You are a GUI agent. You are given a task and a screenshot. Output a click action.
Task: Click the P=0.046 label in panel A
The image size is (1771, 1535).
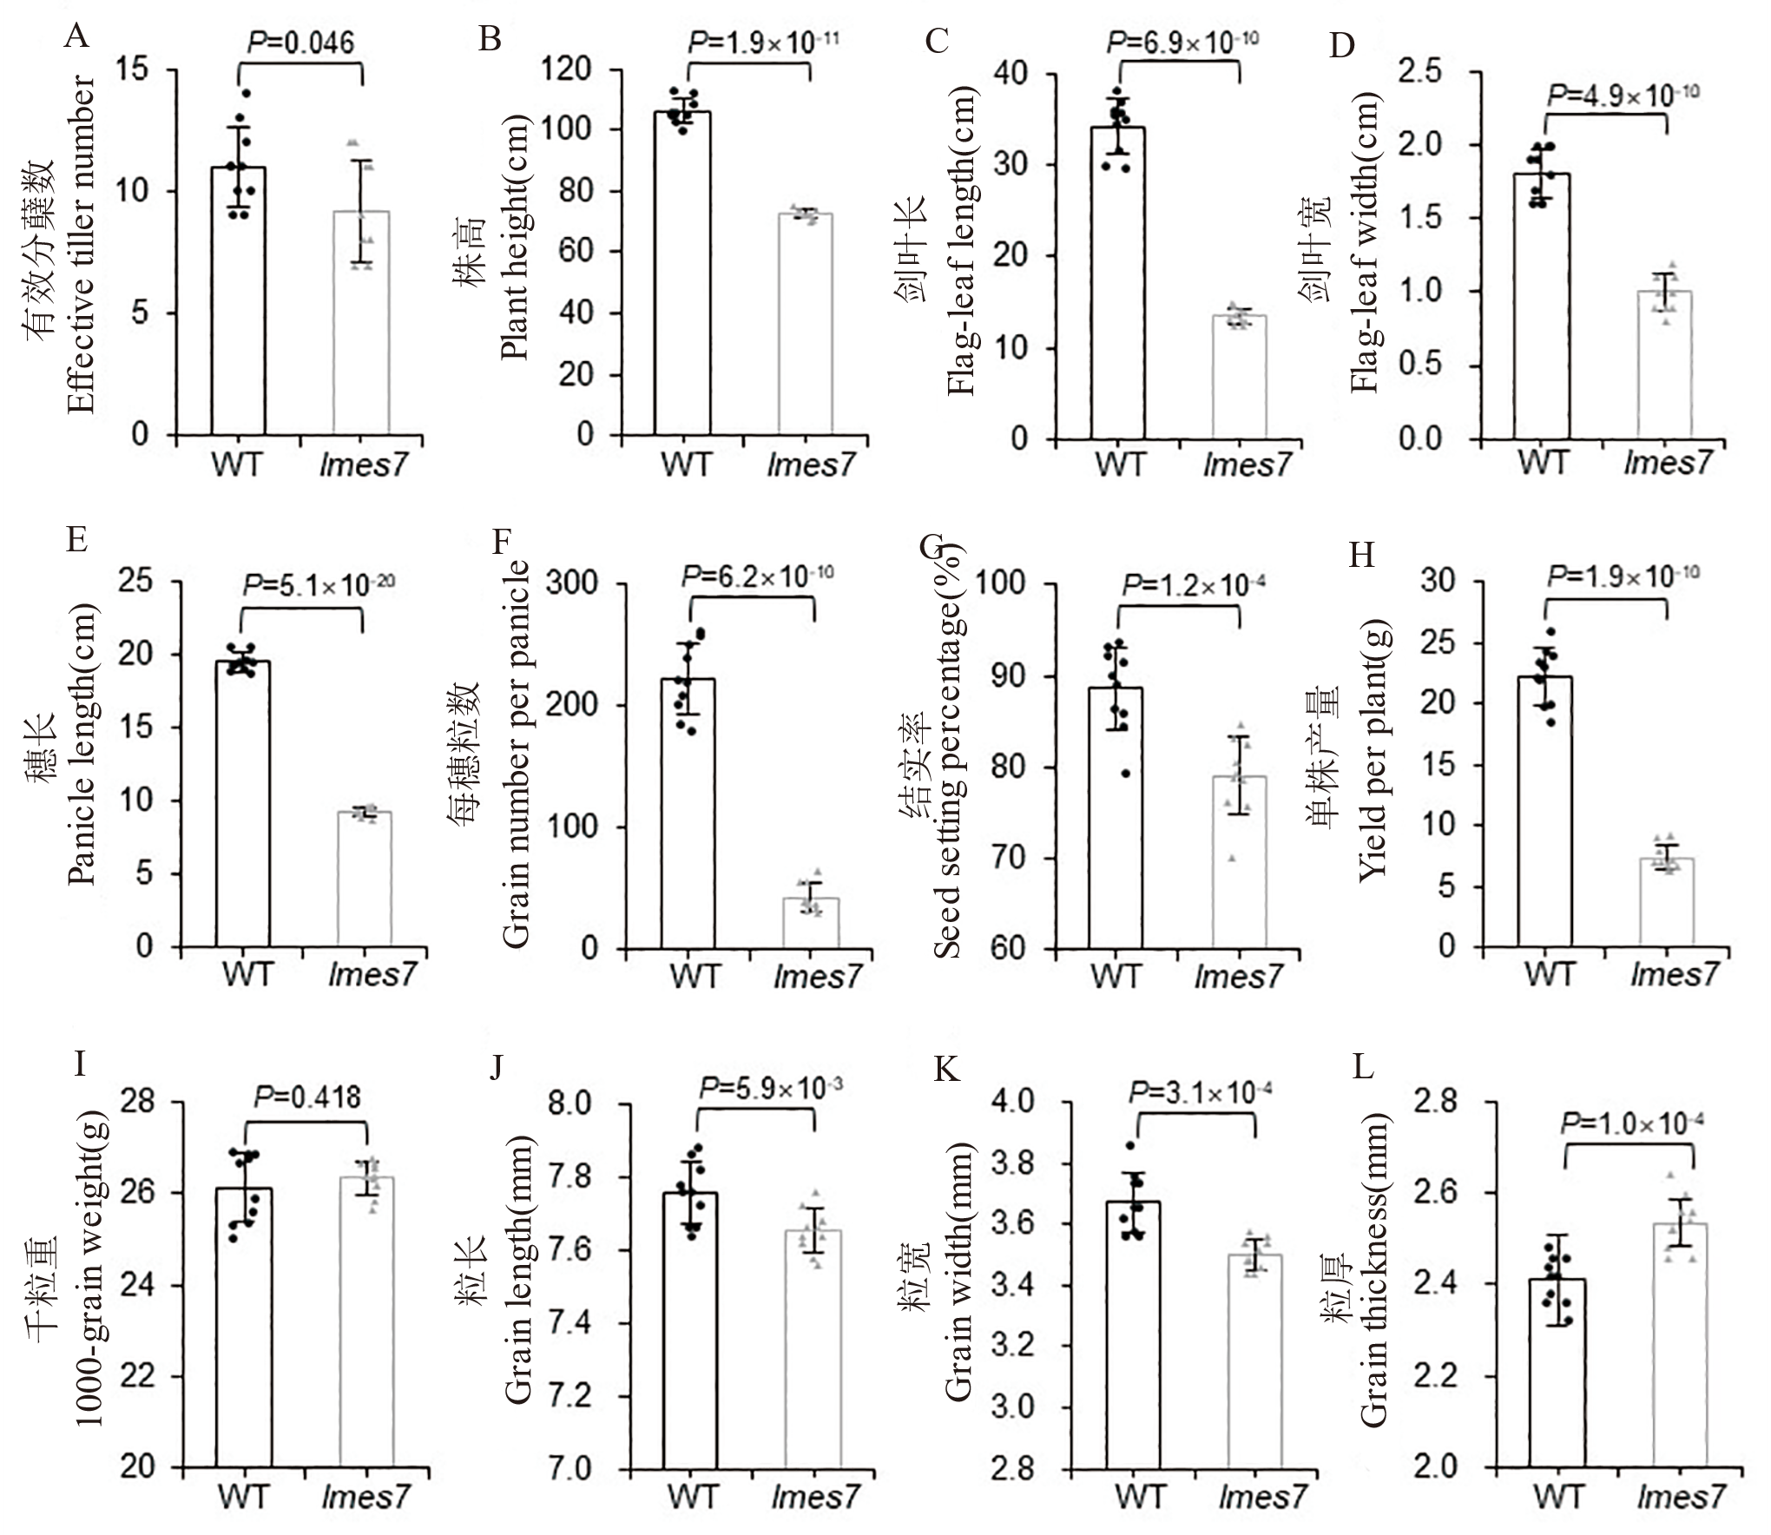[x=301, y=42]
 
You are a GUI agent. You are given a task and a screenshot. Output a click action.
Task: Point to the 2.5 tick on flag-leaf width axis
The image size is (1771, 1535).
[x=1420, y=71]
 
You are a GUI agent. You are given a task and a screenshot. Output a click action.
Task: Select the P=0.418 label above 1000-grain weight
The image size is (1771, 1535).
[x=307, y=1097]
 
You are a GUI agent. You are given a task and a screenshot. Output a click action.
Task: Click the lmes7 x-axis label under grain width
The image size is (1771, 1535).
[x=1262, y=1498]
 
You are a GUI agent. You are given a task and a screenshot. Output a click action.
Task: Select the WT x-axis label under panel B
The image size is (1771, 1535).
[x=685, y=464]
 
